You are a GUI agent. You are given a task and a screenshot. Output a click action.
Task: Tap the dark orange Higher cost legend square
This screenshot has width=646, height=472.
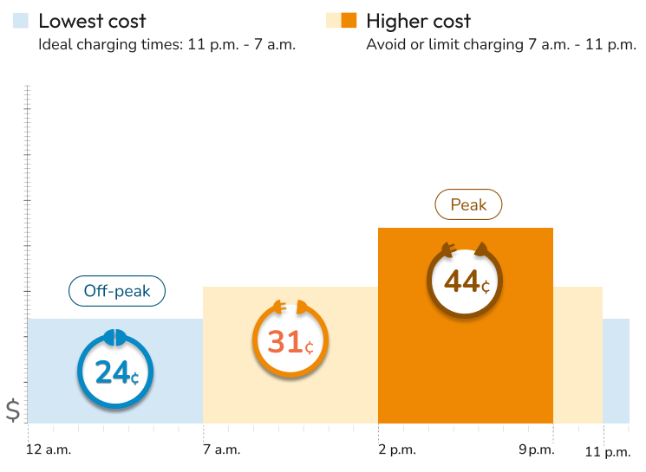click(x=349, y=21)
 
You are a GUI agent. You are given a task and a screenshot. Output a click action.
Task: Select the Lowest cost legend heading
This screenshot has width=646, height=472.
click(x=93, y=21)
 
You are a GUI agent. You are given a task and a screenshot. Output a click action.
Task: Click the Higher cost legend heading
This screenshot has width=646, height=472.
click(x=419, y=21)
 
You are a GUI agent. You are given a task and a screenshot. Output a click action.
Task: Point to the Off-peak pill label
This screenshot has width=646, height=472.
click(x=117, y=292)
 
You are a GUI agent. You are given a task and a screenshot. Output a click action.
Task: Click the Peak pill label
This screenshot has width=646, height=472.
click(x=468, y=205)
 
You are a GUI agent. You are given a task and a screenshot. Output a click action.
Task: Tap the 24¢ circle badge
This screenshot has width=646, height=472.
click(x=115, y=372)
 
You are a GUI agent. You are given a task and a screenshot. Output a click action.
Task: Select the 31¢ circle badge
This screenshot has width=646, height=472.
click(x=290, y=344)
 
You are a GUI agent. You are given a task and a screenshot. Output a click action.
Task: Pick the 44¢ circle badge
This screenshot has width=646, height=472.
click(x=467, y=281)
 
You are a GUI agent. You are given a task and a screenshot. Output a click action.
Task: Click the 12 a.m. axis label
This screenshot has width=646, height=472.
click(x=49, y=449)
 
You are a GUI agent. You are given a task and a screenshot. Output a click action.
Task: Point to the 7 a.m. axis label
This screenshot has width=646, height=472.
click(x=222, y=449)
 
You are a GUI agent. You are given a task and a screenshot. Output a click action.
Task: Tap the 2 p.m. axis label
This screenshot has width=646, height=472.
click(x=398, y=449)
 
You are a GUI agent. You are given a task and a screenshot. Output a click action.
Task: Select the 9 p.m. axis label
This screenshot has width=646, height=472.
click(x=535, y=449)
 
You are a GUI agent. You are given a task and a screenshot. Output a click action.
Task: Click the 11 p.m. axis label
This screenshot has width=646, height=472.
click(x=607, y=451)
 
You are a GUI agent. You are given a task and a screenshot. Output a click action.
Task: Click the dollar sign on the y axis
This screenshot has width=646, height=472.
click(x=13, y=410)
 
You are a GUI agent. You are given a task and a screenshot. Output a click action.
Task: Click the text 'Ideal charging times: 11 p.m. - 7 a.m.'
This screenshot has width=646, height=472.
click(x=167, y=45)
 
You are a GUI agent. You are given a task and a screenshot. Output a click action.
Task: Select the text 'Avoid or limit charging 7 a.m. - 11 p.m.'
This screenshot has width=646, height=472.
click(x=501, y=45)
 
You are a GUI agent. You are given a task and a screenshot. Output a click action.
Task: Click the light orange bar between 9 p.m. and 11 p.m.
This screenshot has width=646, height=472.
click(x=577, y=355)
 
